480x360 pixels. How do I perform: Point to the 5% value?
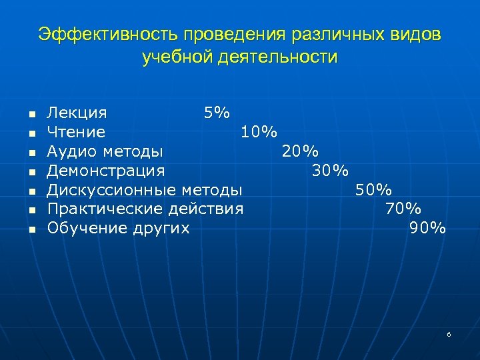pyautogui.click(x=217, y=113)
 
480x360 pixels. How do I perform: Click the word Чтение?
pyautogui.click(x=76, y=132)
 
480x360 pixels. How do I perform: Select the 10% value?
pyautogui.click(x=259, y=132)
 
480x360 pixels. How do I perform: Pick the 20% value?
pyautogui.click(x=300, y=151)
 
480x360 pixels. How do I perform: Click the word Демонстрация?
pyautogui.click(x=105, y=171)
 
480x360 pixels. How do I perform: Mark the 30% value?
pyautogui.click(x=330, y=171)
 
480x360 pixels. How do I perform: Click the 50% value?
pyautogui.click(x=373, y=190)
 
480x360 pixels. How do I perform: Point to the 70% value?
pyautogui.click(x=403, y=209)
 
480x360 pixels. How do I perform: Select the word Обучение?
pyautogui.click(x=81, y=229)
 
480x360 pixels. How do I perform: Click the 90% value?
pyautogui.click(x=427, y=229)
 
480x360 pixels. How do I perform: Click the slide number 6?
pyautogui.click(x=449, y=334)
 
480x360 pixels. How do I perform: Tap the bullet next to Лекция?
pyautogui.click(x=30, y=113)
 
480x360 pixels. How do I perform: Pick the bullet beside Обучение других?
pyautogui.click(x=30, y=229)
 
